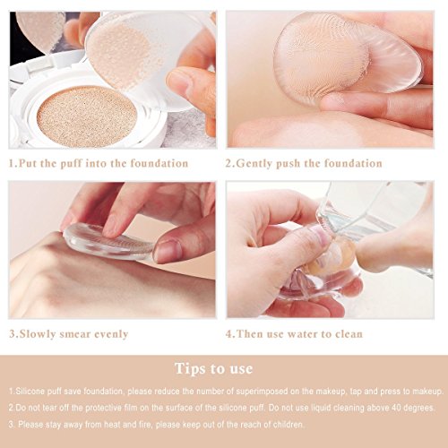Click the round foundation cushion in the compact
coord(87,116)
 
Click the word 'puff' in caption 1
coord(71,164)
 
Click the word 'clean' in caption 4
coord(349,333)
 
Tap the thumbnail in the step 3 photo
coord(167,249)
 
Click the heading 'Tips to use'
coord(214,368)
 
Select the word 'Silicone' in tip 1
coord(28,391)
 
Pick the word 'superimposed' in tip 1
coord(262,392)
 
